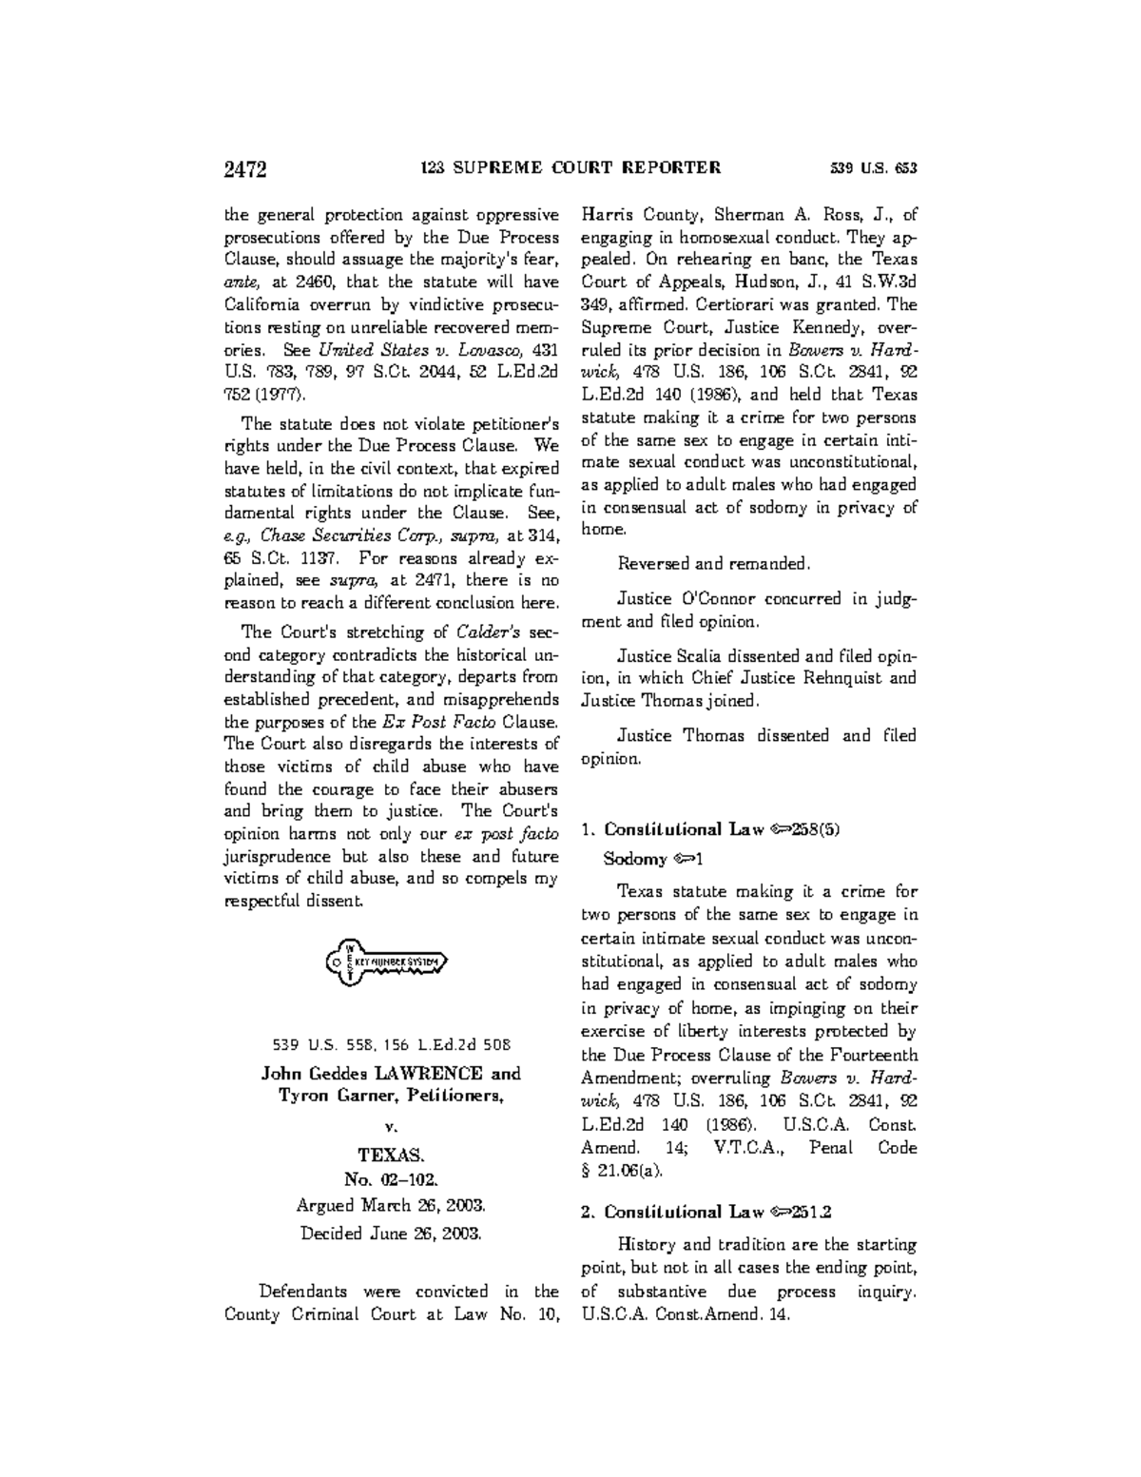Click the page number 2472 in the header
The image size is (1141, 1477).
pos(244,170)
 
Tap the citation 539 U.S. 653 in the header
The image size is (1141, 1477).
pos(873,169)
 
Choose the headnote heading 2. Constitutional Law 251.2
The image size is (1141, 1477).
pos(706,1213)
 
